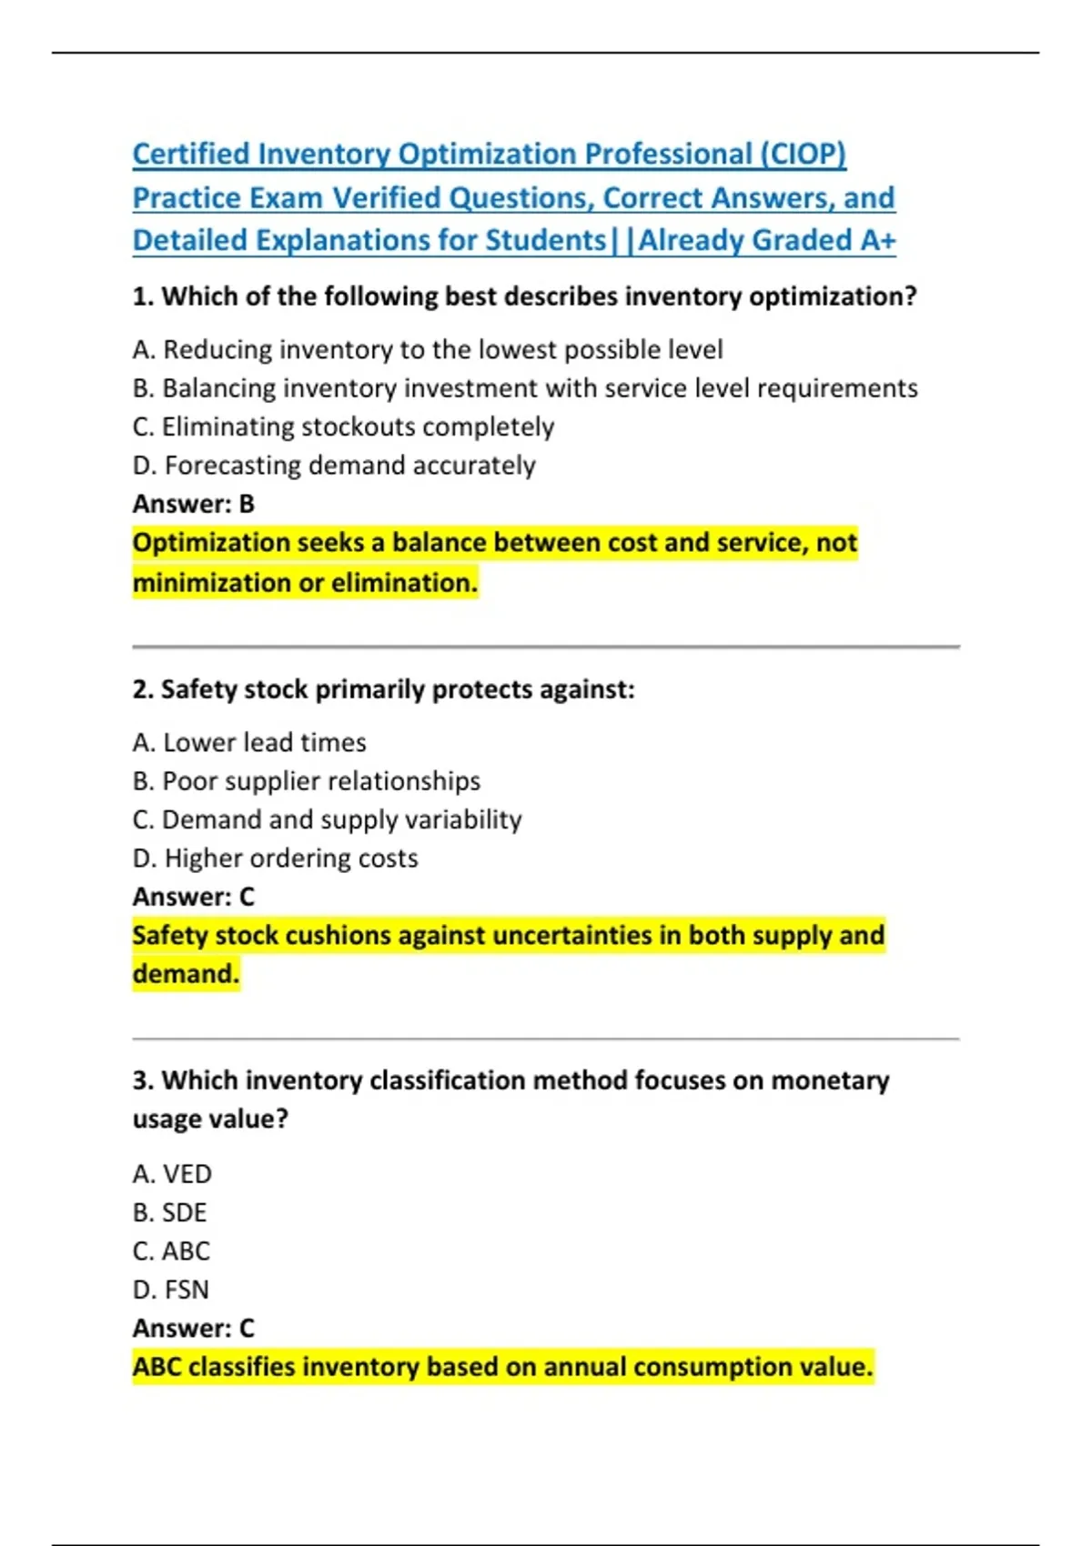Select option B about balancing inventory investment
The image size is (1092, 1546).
tap(524, 388)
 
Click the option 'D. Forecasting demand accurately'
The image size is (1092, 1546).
tap(333, 466)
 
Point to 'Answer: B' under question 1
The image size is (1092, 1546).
tap(193, 504)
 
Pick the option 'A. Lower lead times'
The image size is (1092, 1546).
tap(248, 743)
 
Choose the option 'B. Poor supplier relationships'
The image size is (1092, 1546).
tap(306, 781)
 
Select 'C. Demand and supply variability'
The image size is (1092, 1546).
tap(327, 820)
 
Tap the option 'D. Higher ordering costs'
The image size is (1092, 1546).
tap(275, 858)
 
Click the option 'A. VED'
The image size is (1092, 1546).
tap(171, 1174)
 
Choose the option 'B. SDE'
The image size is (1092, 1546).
tap(169, 1213)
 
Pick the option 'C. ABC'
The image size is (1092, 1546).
tap(171, 1251)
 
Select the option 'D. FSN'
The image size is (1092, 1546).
tap(170, 1290)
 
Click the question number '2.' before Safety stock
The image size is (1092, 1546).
tap(143, 690)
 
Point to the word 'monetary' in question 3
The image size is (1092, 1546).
tap(830, 1080)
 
